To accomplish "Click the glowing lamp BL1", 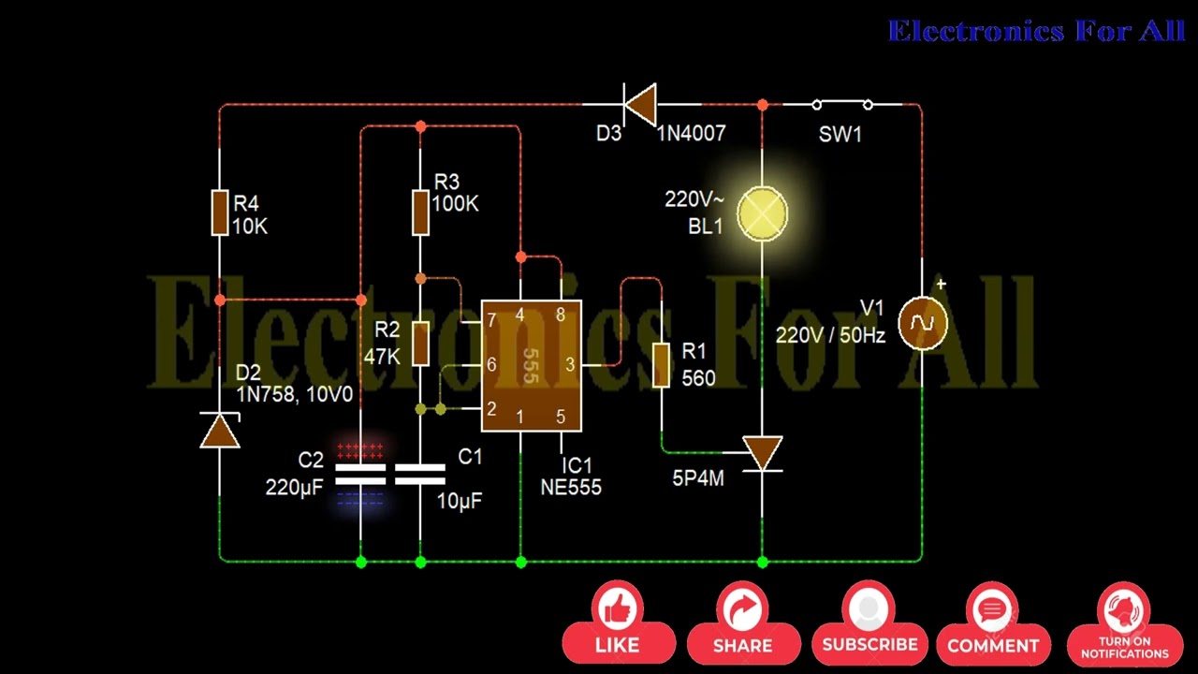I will (763, 214).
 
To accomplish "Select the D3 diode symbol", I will (640, 104).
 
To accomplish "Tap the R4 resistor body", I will (220, 212).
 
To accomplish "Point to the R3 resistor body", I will (420, 212).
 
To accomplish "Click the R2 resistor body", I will (420, 343).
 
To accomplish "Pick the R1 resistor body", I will (662, 365).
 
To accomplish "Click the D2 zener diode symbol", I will (220, 432).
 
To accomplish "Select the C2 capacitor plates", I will (360, 475).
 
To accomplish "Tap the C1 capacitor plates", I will (420, 475).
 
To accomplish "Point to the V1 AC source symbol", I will (922, 324).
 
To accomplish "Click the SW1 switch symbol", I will (842, 104).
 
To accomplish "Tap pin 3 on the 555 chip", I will (570, 365).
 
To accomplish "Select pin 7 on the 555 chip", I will (491, 321).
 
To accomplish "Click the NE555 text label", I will (571, 487).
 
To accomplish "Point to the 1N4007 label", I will (691, 134).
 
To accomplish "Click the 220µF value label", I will (294, 487).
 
